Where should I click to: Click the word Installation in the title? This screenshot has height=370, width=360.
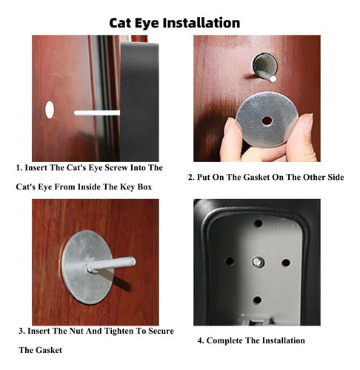pos(201,23)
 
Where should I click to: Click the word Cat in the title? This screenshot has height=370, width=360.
pos(120,23)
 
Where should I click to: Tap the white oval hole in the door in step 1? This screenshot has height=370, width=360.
pos(50,110)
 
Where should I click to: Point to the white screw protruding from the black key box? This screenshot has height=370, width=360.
pos(97,113)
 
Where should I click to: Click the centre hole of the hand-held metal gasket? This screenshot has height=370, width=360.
pos(267,121)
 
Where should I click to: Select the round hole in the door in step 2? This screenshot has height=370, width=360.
pos(264,65)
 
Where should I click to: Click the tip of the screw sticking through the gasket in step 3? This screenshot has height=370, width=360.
pos(133,261)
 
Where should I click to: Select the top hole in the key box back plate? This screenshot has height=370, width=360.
pos(259,223)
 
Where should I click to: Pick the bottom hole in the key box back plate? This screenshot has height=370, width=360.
pos(257,300)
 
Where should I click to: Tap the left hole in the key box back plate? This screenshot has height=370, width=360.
pos(230,261)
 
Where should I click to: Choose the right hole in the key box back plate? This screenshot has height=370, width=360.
pos(286,263)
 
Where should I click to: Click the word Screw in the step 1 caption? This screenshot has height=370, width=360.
pos(116,168)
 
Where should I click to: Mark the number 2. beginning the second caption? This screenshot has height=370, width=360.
pos(191,178)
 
